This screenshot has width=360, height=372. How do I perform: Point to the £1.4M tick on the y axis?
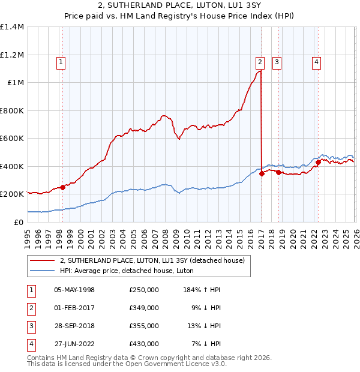(12, 27)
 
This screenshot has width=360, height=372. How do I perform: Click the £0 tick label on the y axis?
(19, 222)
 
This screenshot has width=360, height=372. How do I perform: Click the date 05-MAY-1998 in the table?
(74, 290)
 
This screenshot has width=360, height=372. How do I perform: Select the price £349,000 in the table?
(143, 308)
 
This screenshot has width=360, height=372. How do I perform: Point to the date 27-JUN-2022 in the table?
(74, 344)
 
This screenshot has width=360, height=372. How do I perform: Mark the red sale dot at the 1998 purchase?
(62, 187)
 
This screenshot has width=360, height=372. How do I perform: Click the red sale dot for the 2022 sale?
(318, 162)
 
